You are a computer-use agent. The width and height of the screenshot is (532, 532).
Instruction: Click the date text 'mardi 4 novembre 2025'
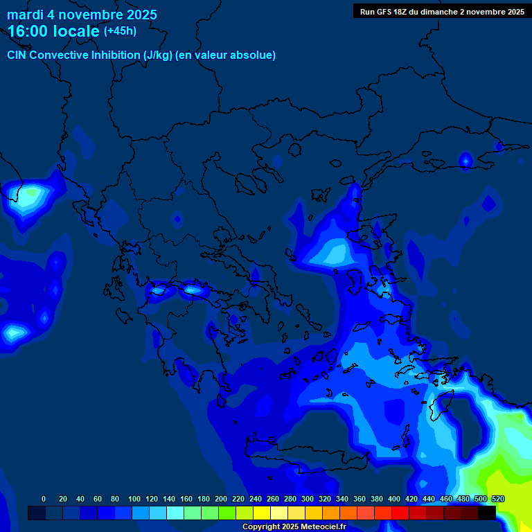[82, 15]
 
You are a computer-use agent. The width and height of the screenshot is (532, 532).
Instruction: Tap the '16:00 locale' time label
[53, 31]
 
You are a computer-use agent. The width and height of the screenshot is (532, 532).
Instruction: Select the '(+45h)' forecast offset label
[120, 31]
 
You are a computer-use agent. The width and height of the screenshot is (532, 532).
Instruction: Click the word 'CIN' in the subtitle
[19, 55]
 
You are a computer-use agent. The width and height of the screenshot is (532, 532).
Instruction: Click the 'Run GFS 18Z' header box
[442, 11]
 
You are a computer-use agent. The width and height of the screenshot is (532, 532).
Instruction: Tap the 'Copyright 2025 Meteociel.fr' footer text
[294, 527]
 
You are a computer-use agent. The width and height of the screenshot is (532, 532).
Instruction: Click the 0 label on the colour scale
[44, 499]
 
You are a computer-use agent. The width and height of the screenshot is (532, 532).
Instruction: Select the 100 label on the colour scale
[134, 499]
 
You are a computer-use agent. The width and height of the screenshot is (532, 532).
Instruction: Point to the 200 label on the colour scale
[221, 499]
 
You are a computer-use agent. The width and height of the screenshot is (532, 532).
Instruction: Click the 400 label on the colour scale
[394, 499]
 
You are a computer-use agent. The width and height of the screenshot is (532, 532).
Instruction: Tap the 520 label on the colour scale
[498, 499]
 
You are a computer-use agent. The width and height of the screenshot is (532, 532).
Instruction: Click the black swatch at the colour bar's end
[487, 513]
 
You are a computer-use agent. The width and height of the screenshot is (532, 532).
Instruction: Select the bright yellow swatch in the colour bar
[262, 513]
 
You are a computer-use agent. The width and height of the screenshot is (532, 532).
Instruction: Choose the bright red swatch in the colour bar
[400, 513]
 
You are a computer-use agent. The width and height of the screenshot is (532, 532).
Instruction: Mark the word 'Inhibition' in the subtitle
[116, 55]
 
